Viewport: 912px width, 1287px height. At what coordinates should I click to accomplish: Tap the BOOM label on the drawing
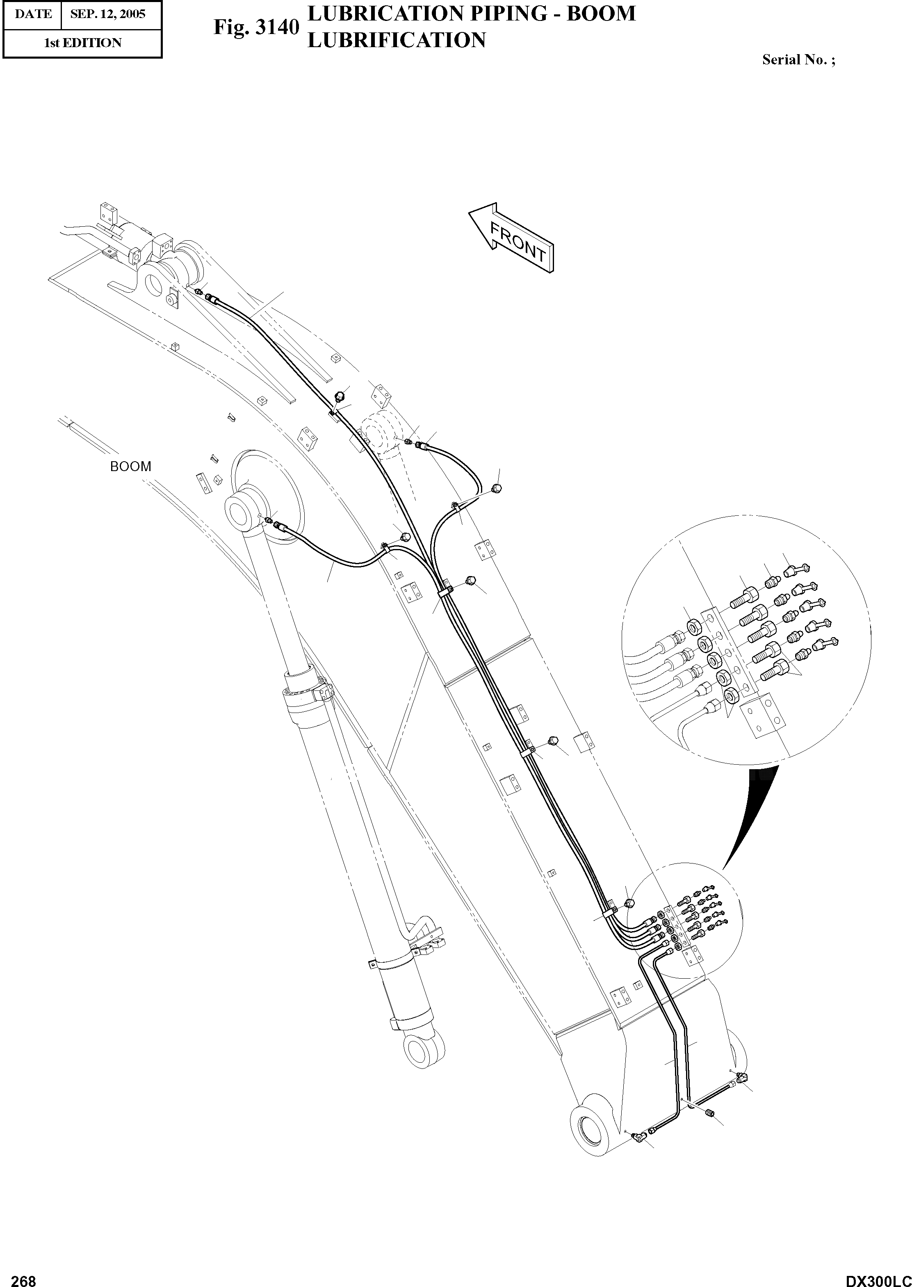pos(131,467)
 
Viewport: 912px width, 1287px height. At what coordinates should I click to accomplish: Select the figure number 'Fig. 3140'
pos(255,27)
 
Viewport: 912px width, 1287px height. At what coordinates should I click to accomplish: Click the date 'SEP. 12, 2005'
pos(108,14)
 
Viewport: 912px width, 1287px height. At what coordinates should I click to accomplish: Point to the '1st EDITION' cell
pos(82,43)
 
